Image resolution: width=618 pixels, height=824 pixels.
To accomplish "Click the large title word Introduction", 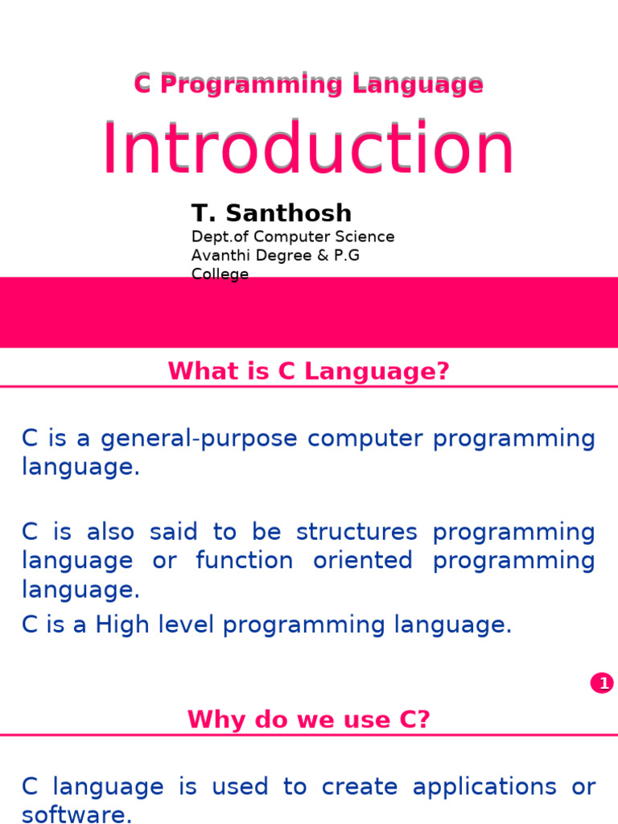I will pos(307,150).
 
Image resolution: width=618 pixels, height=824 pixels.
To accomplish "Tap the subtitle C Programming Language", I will pos(308,84).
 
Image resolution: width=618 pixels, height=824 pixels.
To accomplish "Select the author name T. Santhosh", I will pos(271,213).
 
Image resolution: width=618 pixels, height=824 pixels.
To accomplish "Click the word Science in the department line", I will pos(365,237).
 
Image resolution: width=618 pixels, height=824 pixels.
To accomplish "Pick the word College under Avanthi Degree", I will pos(220,274).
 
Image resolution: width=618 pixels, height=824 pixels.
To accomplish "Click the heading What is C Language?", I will pos(308,371).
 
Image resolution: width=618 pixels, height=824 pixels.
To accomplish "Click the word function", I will pos(245,560).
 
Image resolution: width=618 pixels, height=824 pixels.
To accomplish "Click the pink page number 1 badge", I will pos(602,683).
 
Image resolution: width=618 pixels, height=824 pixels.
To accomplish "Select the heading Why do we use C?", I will pos(308,719).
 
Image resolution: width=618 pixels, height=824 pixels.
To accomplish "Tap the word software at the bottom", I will pos(76,814).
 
